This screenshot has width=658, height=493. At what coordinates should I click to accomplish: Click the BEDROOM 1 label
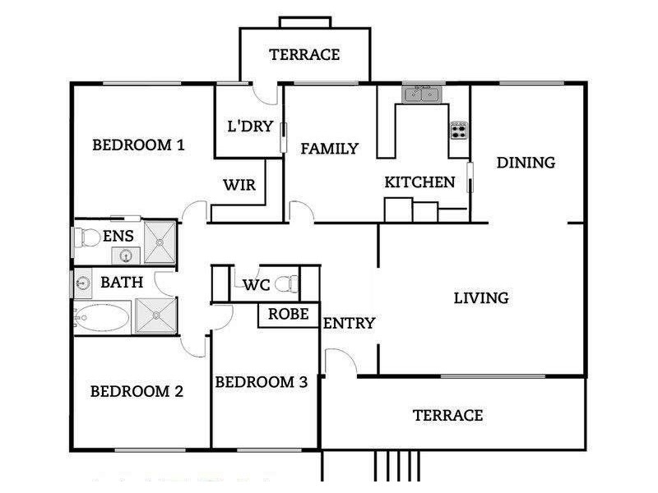tap(138, 145)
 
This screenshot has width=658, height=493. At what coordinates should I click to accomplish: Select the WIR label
tap(239, 186)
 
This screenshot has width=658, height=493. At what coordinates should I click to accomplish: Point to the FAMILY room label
tap(329, 149)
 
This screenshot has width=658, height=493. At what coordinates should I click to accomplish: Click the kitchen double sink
tap(422, 95)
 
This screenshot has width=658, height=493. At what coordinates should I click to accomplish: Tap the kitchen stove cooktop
tap(459, 130)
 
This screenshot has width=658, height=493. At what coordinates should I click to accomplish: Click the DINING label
tap(526, 163)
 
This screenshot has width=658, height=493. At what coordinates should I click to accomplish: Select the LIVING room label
tap(481, 297)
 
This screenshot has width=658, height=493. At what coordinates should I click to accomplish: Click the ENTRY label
tap(349, 323)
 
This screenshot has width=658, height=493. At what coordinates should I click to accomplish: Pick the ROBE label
tap(289, 314)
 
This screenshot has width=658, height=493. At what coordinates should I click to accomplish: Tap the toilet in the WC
tap(285, 285)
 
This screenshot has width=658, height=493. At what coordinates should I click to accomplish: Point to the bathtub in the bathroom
tap(102, 317)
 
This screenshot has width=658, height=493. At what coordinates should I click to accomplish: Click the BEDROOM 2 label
tap(137, 391)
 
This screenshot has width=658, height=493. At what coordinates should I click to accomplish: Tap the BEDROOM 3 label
tap(261, 382)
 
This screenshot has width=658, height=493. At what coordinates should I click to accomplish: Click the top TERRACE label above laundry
tap(304, 55)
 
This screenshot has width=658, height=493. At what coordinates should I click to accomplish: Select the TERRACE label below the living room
tap(447, 415)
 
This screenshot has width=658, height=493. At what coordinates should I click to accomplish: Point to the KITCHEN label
tap(419, 182)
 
